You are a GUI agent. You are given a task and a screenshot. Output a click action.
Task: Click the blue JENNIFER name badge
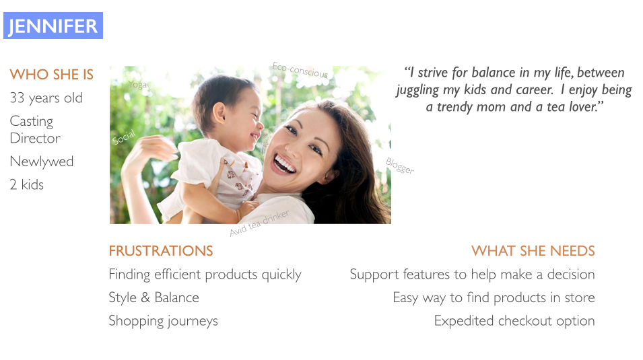pyautogui.click(x=53, y=26)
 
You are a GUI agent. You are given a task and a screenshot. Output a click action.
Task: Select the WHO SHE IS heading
pyautogui.click(x=52, y=75)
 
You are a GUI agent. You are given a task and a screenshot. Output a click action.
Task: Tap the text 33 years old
pyautogui.click(x=46, y=98)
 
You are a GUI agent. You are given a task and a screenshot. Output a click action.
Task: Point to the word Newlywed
pyautogui.click(x=42, y=161)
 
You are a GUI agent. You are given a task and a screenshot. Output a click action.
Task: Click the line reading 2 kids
pyautogui.click(x=27, y=184)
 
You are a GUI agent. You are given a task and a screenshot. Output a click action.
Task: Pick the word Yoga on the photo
pyautogui.click(x=137, y=85)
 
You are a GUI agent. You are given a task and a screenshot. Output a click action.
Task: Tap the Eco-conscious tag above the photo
pyautogui.click(x=300, y=70)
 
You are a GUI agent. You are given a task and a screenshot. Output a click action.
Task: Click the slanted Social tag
pyautogui.click(x=123, y=137)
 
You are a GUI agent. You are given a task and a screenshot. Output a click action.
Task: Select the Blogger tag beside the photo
pyautogui.click(x=400, y=166)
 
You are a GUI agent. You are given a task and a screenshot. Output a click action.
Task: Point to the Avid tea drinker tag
pyautogui.click(x=259, y=223)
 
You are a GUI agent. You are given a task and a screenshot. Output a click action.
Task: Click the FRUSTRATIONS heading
pyautogui.click(x=161, y=251)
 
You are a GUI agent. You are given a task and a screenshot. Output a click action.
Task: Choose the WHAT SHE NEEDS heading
pyautogui.click(x=533, y=251)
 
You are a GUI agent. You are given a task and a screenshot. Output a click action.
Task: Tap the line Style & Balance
pyautogui.click(x=154, y=297)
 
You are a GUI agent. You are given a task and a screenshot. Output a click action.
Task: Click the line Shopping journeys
pyautogui.click(x=163, y=321)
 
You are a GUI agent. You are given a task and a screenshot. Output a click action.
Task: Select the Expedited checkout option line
pyautogui.click(x=514, y=321)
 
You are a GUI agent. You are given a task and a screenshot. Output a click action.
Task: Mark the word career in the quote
pyautogui.click(x=535, y=89)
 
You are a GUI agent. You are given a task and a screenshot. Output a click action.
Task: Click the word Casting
pyautogui.click(x=32, y=121)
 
